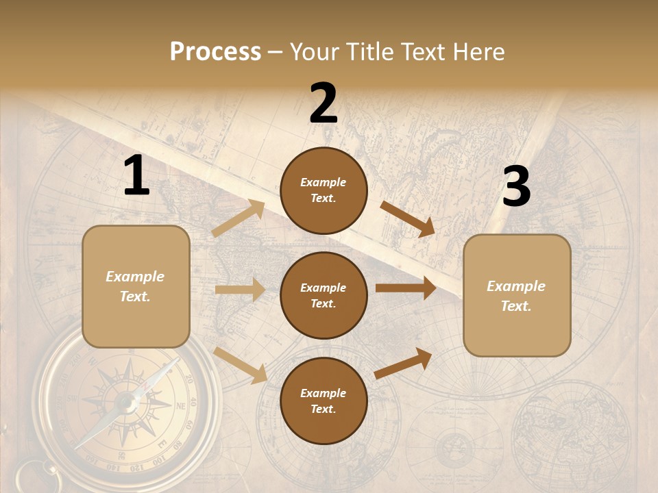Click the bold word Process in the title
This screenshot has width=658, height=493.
tap(215, 51)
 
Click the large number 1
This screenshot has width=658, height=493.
tap(136, 176)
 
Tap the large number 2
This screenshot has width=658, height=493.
tap(324, 103)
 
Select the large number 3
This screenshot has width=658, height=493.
tap(516, 187)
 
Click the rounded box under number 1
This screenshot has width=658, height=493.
tap(136, 286)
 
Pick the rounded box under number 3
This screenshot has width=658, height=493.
tap(517, 295)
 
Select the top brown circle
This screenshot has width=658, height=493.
tap(324, 190)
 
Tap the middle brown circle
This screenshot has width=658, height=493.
tap(324, 295)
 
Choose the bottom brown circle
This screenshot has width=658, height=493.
tap(324, 401)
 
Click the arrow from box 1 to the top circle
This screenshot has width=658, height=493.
tap(239, 218)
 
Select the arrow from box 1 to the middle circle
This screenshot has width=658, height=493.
tap(240, 290)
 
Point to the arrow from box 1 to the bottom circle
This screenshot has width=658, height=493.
tap(241, 364)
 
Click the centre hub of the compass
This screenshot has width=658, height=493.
tap(126, 402)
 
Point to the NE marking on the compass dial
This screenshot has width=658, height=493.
tap(182, 405)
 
